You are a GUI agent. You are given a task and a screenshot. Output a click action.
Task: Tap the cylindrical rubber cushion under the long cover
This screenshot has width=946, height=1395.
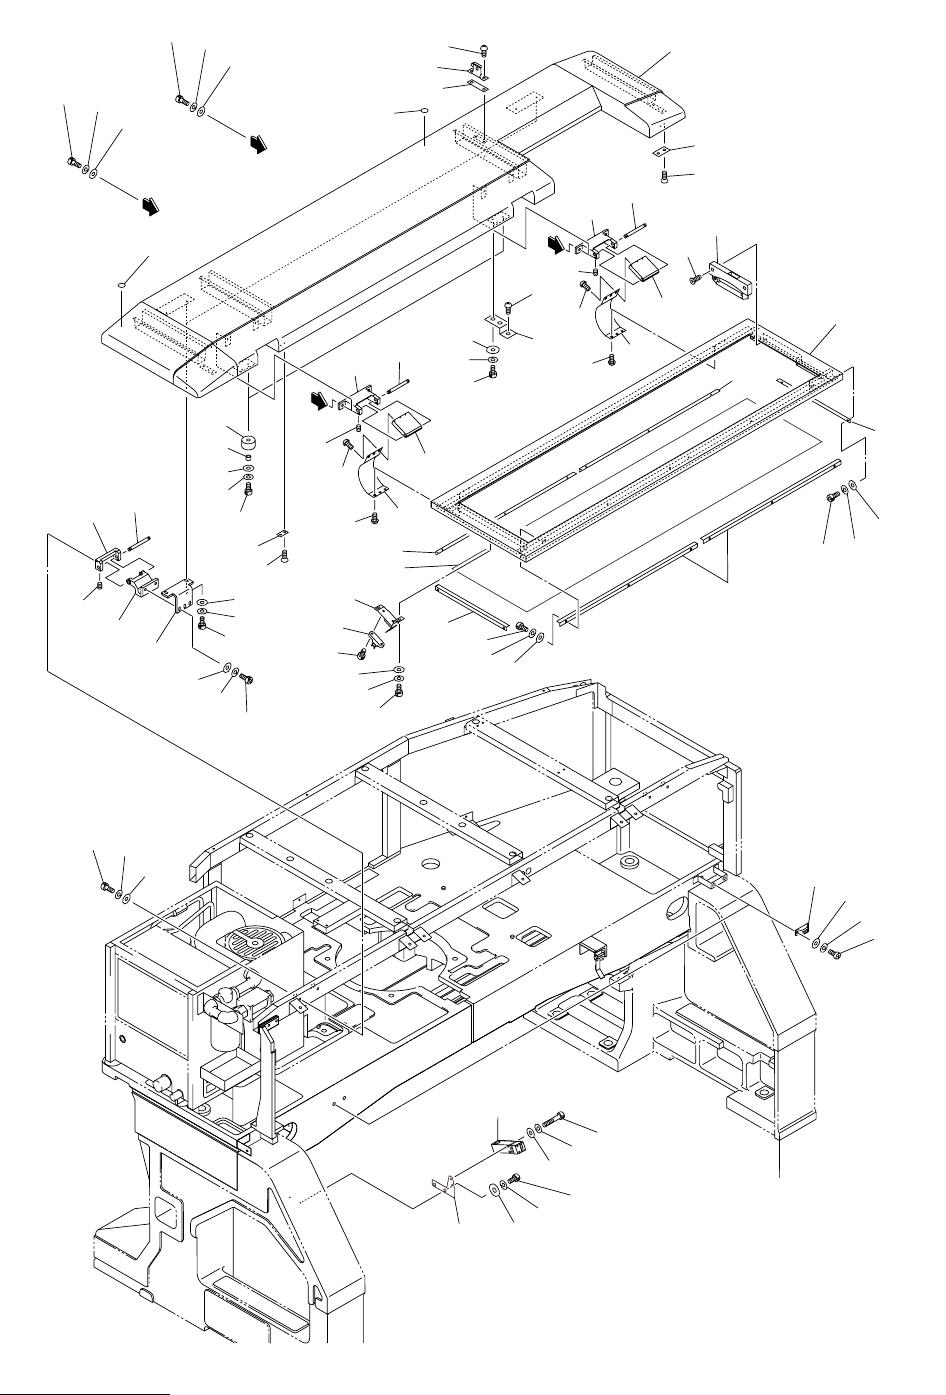[243, 441]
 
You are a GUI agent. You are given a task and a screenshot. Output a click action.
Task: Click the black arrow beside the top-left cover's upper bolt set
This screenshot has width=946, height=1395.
[259, 145]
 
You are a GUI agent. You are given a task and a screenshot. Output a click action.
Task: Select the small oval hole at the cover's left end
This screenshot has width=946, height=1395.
[120, 285]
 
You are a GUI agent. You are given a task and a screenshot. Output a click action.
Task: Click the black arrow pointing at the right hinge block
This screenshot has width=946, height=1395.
[556, 243]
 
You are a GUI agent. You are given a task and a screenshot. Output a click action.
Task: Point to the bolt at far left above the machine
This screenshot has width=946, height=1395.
[105, 884]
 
